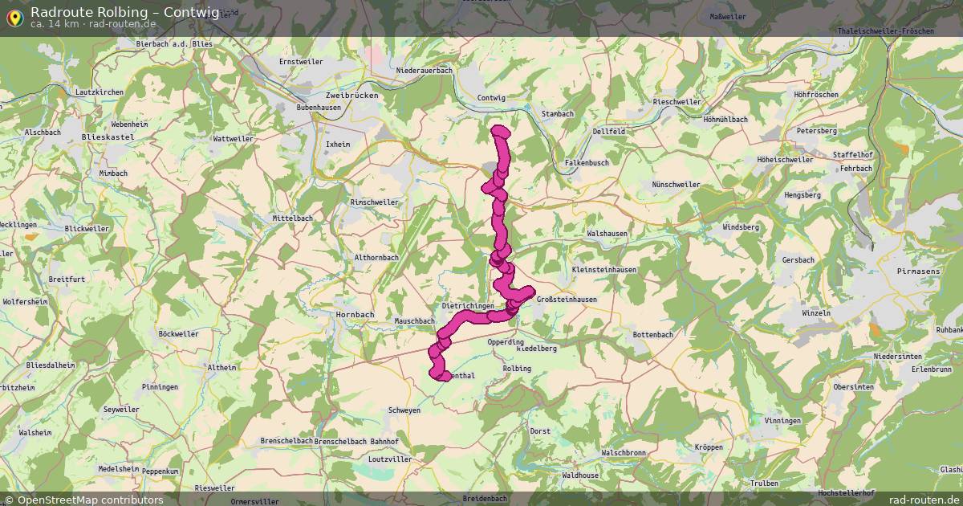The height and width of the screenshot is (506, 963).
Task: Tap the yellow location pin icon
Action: pyautogui.click(x=14, y=16)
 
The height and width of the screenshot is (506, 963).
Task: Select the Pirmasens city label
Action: pyautogui.click(x=918, y=272)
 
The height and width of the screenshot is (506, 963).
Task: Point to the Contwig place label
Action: pyautogui.click(x=491, y=98)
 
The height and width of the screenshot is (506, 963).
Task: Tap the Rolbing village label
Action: pyautogui.click(x=516, y=369)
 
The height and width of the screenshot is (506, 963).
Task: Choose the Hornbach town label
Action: pyautogui.click(x=355, y=314)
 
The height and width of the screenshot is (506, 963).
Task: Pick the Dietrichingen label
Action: pyautogui.click(x=468, y=306)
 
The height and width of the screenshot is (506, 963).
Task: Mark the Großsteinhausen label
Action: pyautogui.click(x=566, y=300)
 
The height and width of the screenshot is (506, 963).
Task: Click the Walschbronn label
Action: pyautogui.click(x=624, y=453)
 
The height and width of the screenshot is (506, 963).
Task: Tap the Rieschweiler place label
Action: pyautogui.click(x=677, y=102)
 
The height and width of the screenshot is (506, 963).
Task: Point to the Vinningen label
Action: pyautogui.click(x=782, y=421)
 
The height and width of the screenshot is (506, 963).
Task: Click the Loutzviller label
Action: pyautogui.click(x=388, y=459)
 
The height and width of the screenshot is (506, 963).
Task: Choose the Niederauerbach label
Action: pyautogui.click(x=425, y=71)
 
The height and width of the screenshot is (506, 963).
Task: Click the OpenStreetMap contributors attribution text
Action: pyautogui.click(x=90, y=500)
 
